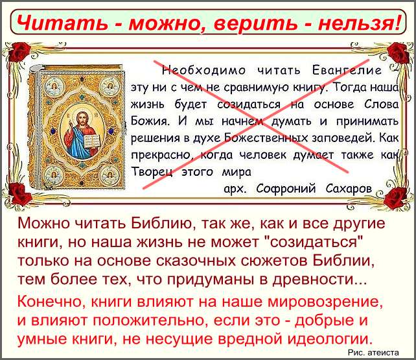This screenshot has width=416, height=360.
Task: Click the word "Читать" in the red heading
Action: point(63,22)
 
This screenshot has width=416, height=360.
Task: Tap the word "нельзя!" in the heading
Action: point(359,21)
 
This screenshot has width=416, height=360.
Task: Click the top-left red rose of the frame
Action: point(19,52)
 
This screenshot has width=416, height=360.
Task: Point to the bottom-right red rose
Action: point(395,197)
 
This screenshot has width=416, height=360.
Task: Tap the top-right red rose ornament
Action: point(397,53)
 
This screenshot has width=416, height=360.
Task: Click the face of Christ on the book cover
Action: point(82,120)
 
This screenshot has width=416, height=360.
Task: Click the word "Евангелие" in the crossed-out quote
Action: point(347,71)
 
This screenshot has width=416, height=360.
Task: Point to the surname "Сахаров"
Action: point(349,189)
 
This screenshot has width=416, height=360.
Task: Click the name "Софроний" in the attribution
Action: point(286,189)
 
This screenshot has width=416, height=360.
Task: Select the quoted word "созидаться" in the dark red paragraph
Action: point(313,242)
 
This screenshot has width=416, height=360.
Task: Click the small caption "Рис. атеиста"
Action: point(373,353)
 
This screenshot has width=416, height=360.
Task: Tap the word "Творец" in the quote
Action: point(153,173)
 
